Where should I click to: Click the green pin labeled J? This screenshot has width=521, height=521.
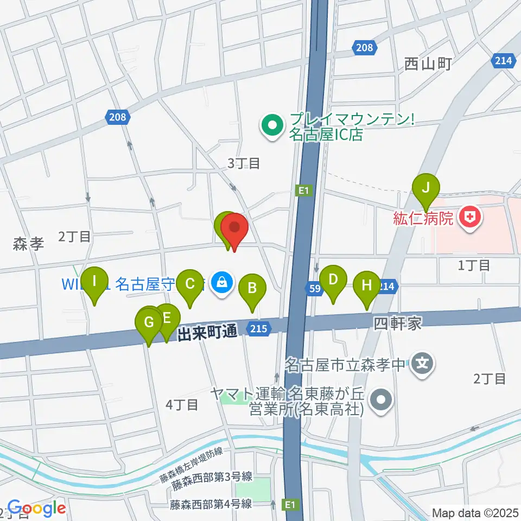click(426, 189)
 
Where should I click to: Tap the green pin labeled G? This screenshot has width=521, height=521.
click(149, 322)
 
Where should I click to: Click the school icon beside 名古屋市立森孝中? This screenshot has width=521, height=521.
click(423, 364)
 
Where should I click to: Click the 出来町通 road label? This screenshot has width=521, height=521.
click(208, 332)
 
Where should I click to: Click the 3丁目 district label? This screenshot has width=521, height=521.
click(243, 163)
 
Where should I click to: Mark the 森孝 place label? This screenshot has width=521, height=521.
click(28, 245)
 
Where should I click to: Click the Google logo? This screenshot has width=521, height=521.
click(36, 508)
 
